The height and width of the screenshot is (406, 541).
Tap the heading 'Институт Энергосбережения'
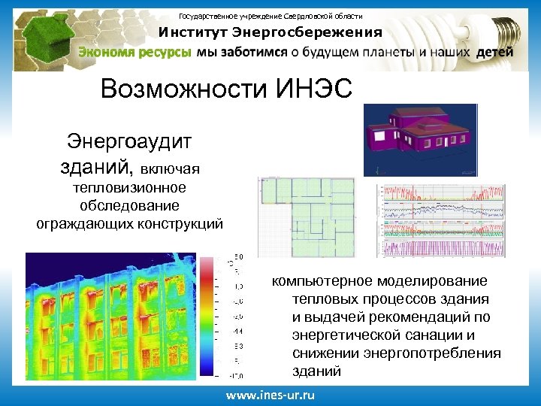(270, 32)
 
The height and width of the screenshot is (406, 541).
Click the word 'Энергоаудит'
(129, 141)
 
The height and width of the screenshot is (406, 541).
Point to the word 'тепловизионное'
(129, 188)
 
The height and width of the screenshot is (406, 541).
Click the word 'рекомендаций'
(416, 317)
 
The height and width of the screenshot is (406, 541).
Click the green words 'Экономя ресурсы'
(135, 53)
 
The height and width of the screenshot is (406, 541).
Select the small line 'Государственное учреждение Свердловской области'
(270, 16)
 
